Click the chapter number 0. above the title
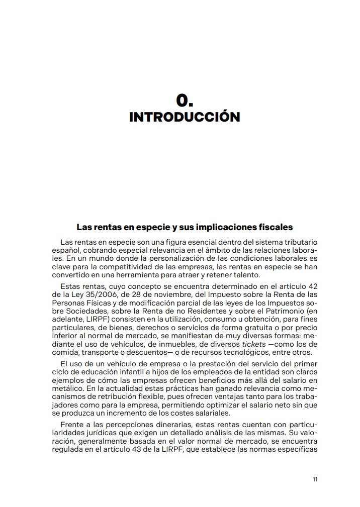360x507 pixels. click(x=185, y=100)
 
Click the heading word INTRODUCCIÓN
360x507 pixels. click(x=185, y=117)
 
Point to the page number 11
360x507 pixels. click(x=315, y=479)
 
